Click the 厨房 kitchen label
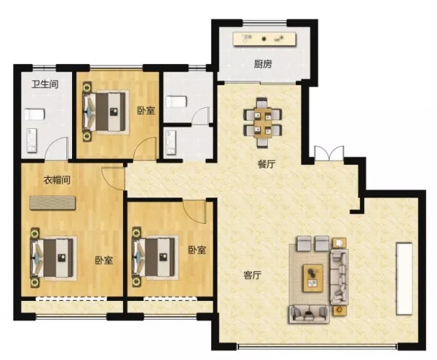click(x=262, y=64)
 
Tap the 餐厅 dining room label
click(x=267, y=164)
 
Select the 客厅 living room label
click(x=252, y=275)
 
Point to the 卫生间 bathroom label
click(x=44, y=84)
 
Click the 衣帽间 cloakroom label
click(x=57, y=180)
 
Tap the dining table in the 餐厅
click(x=262, y=122)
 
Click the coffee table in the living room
click(x=313, y=278)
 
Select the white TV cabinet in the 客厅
click(x=404, y=279)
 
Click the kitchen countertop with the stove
click(x=264, y=39)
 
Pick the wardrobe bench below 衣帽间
click(x=52, y=203)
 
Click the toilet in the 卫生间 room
click(x=34, y=114)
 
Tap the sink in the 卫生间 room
click(x=32, y=141)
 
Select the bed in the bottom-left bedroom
click(x=53, y=258)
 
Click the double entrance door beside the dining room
click(x=329, y=153)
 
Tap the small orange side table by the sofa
click(x=339, y=310)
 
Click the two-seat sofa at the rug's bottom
click(x=310, y=314)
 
